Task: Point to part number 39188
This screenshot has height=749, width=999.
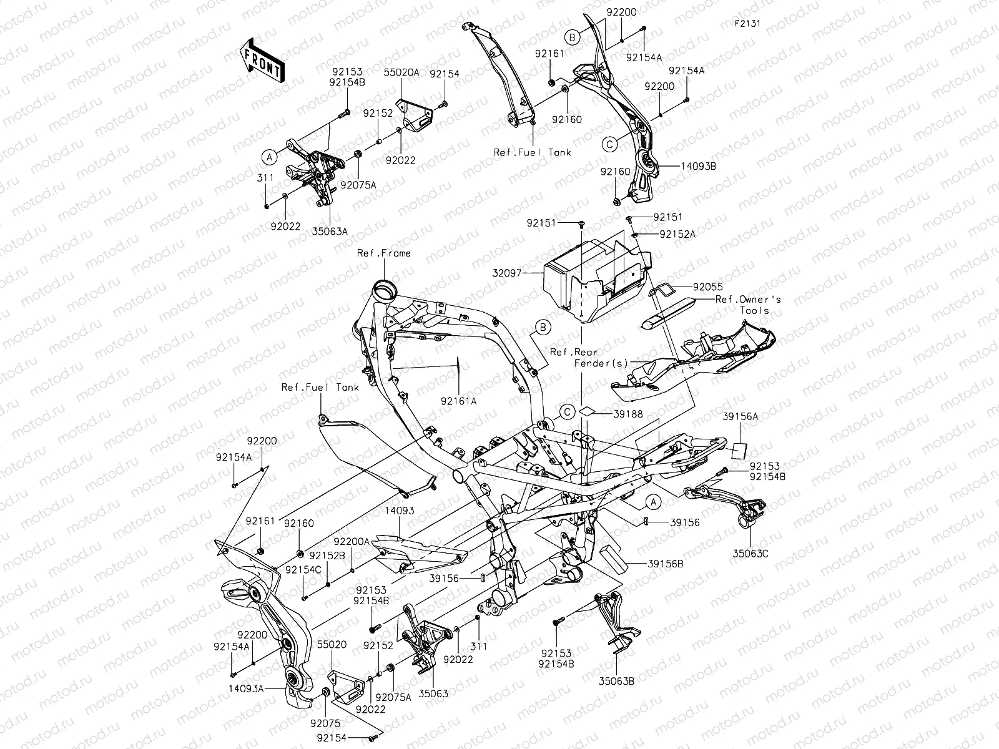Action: pos(628,414)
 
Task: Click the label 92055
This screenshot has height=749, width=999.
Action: pos(707,287)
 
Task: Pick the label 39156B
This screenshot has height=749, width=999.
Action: pos(665,564)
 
